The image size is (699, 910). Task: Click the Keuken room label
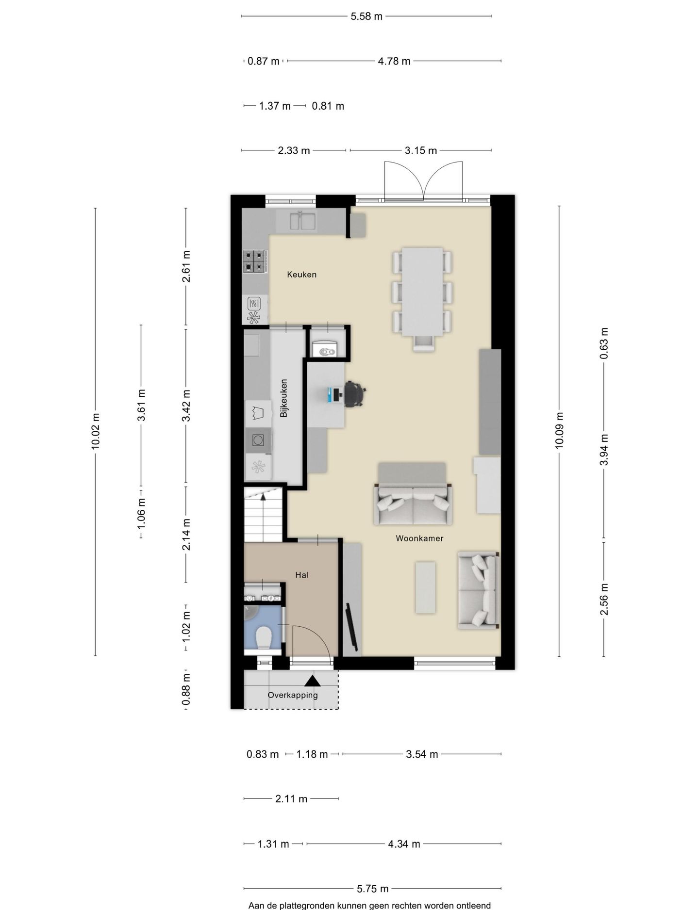[x=301, y=275]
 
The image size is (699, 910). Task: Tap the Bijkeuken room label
[x=284, y=398]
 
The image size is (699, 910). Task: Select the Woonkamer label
[x=419, y=538]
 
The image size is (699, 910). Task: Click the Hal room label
[x=302, y=575]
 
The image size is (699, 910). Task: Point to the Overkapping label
[x=293, y=695]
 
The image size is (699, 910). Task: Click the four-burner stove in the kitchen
[x=255, y=261]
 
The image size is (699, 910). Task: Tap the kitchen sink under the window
[x=303, y=221]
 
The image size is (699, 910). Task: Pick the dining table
[x=422, y=292]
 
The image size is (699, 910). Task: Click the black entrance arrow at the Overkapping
[x=313, y=681]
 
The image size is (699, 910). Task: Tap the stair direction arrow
[x=263, y=496]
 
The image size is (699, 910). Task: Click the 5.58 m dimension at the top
[x=366, y=16]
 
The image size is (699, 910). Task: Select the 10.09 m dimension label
[x=559, y=431]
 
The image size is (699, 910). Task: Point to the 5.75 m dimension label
[x=373, y=889]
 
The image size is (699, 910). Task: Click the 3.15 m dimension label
[x=421, y=150]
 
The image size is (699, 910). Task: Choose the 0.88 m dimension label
[x=186, y=689]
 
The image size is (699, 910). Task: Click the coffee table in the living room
[x=425, y=587]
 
